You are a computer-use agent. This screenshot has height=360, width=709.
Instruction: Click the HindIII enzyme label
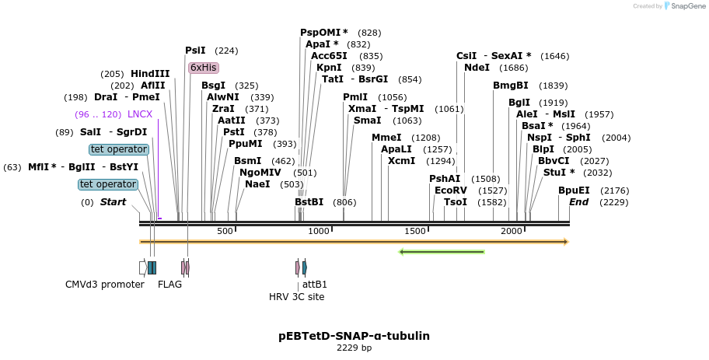click(150, 74)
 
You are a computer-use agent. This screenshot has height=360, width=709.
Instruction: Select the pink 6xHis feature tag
click(203, 68)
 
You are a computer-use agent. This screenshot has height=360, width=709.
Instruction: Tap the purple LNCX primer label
click(140, 114)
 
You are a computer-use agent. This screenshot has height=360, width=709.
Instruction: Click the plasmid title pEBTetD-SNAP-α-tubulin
click(354, 336)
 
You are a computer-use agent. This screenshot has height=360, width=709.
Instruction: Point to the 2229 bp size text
click(354, 348)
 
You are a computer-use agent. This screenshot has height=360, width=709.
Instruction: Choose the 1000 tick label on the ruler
click(319, 231)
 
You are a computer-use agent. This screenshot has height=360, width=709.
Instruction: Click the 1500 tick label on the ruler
click(416, 231)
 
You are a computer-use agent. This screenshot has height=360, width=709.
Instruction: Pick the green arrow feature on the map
click(442, 252)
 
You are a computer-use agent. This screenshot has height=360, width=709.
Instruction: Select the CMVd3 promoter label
click(105, 284)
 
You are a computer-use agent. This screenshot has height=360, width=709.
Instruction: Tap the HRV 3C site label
click(297, 296)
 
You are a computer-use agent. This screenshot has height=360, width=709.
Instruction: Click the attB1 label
click(315, 284)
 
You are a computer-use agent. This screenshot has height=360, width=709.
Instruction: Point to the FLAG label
click(169, 284)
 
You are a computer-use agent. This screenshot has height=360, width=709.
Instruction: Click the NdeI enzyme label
click(477, 68)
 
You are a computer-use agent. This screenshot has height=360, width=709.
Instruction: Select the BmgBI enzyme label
click(510, 86)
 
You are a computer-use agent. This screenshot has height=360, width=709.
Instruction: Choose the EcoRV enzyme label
click(450, 190)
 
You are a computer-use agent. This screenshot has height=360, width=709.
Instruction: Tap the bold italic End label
click(578, 202)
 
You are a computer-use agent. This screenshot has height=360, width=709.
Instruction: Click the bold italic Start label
click(113, 202)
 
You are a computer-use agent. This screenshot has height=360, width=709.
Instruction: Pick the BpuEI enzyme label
click(574, 190)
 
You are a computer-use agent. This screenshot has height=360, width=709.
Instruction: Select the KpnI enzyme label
click(329, 68)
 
